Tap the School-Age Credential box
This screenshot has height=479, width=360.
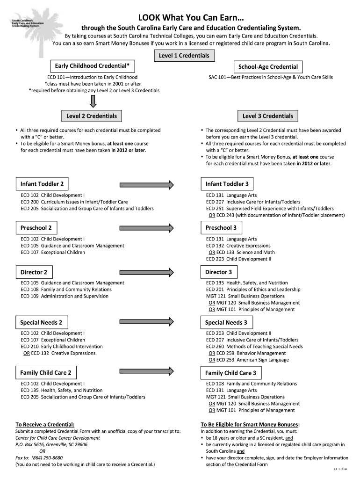click(268, 67)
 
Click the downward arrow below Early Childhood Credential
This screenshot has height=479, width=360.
click(93, 101)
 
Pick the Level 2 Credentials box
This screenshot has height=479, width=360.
click(92, 116)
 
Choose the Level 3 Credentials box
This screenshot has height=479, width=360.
click(268, 116)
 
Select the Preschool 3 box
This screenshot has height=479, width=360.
click(222, 228)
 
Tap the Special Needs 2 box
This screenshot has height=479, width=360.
click(42, 322)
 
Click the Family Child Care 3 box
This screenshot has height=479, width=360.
click(231, 373)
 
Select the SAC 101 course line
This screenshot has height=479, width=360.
click(271, 77)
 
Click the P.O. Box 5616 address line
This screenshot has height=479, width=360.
click(51, 444)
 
